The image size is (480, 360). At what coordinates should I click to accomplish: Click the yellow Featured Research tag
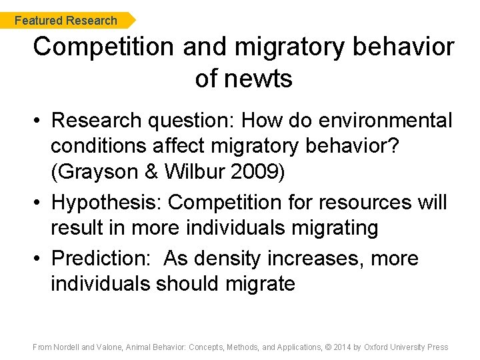tap(66, 21)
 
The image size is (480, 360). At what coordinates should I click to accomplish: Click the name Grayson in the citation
tap(97, 172)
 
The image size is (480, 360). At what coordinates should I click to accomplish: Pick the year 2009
tap(256, 172)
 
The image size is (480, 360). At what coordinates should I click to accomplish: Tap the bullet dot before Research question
tap(39, 121)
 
